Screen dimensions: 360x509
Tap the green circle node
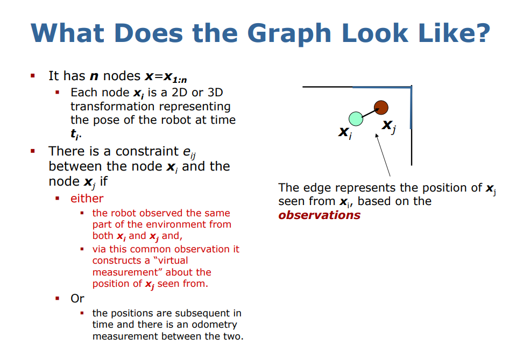[355, 118]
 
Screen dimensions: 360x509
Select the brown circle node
[381, 107]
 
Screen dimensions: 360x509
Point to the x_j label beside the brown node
[388, 126]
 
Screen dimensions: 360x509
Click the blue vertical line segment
[411, 108]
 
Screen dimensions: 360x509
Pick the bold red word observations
[319, 215]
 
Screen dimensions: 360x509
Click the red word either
[87, 198]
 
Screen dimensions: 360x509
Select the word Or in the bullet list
[77, 298]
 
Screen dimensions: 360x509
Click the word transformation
[112, 107]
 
